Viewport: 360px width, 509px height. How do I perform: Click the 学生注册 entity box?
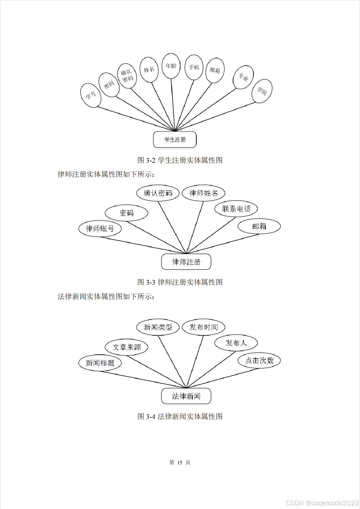[175, 139]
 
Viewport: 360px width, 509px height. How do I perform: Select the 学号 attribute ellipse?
[91, 95]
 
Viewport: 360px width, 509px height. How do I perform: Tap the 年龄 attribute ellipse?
[171, 66]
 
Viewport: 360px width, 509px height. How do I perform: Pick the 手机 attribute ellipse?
[194, 67]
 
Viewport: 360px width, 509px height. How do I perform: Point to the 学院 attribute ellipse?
[262, 91]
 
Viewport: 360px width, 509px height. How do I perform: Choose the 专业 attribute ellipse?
[243, 77]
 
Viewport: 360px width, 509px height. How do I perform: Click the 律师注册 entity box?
[186, 262]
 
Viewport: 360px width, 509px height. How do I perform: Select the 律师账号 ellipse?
[100, 229]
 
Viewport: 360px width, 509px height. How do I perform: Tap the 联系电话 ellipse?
[236, 209]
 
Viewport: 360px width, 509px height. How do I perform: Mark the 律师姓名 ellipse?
[203, 193]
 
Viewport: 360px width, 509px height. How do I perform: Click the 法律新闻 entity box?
[186, 396]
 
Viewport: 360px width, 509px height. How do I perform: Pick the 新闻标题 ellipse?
[100, 363]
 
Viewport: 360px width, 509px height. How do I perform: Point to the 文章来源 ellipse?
[127, 347]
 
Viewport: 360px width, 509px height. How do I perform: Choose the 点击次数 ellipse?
[259, 360]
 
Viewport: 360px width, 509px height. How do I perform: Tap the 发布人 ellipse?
[236, 343]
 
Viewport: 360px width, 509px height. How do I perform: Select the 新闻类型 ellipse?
[158, 327]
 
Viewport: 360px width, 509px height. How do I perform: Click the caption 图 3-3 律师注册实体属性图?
[180, 282]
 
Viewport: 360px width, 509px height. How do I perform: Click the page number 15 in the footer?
[180, 462]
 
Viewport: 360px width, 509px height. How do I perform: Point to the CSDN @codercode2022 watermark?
[322, 503]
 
